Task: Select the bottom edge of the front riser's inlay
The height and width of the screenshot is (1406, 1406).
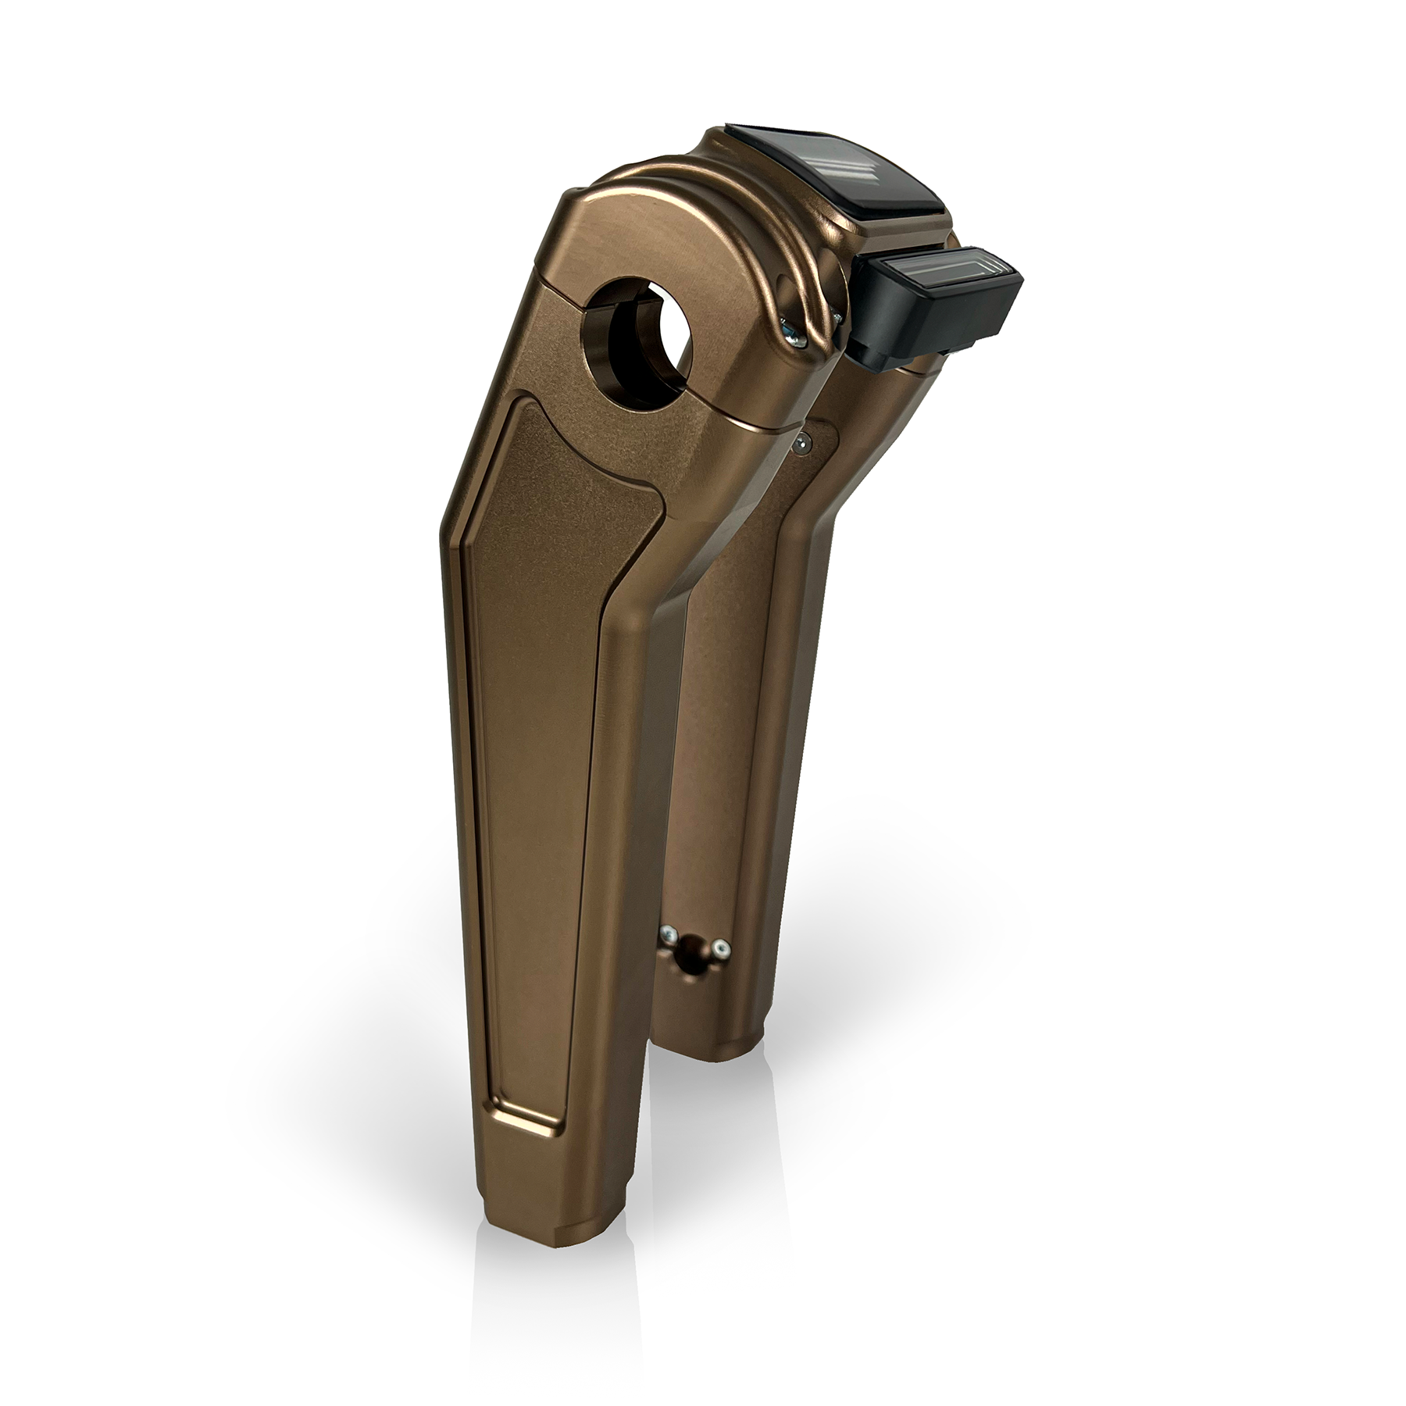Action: (519, 1121)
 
